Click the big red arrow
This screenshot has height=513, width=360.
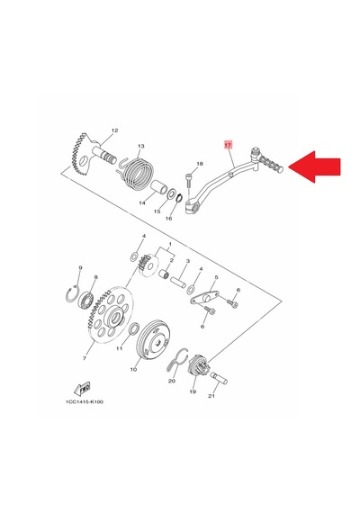click(x=314, y=166)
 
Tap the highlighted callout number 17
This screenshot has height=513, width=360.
click(x=228, y=144)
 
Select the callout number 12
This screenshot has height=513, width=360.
click(x=114, y=130)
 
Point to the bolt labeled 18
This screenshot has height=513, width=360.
click(x=188, y=180)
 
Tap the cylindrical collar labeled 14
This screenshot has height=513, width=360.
click(x=158, y=187)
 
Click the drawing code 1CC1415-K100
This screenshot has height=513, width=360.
click(x=85, y=401)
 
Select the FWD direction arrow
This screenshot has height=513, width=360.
click(x=82, y=388)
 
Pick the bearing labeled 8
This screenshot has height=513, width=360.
click(x=86, y=300)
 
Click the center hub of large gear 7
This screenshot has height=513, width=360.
click(x=115, y=317)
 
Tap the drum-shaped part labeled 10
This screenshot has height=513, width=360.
click(x=153, y=339)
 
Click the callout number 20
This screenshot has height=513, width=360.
click(x=172, y=381)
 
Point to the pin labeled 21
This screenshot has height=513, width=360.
click(x=219, y=378)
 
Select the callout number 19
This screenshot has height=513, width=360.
click(x=193, y=391)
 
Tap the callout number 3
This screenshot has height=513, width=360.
click(x=188, y=261)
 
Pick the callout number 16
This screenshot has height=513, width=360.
click(x=168, y=218)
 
